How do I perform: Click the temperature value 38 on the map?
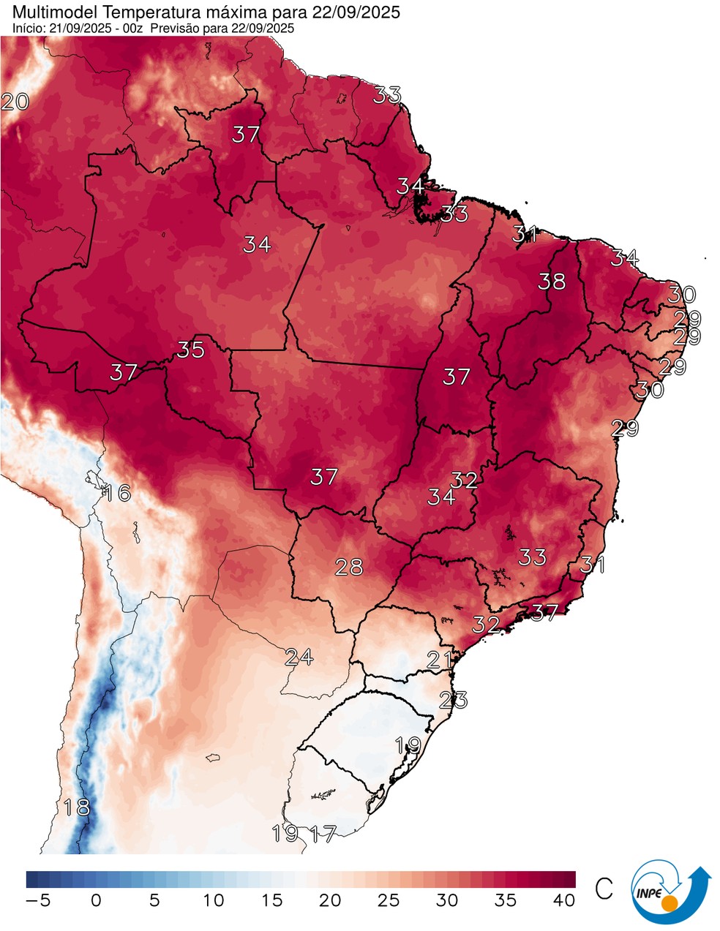(552, 281)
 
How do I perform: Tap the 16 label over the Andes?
(117, 493)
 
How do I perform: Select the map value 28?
(348, 566)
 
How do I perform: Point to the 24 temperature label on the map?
(299, 657)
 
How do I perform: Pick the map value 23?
(453, 700)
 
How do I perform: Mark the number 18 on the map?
(77, 808)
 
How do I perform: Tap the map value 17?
(323, 833)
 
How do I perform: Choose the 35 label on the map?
(190, 350)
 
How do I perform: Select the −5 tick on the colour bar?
(37, 900)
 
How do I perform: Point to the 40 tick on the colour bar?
(564, 900)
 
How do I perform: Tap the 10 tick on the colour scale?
(213, 900)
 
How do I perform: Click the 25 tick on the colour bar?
(389, 900)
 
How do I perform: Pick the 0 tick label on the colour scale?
(96, 900)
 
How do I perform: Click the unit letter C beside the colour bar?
(604, 889)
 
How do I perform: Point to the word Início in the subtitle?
(29, 29)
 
